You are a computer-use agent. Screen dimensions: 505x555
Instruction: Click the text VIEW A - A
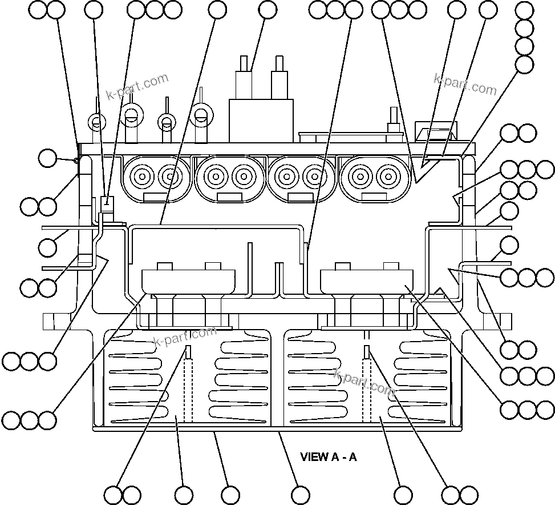(x=329, y=457)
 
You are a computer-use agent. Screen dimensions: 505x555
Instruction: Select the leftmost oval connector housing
(x=155, y=178)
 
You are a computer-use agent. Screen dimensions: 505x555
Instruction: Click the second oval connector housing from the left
(x=229, y=178)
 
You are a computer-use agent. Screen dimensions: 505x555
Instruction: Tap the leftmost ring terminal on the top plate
(x=96, y=122)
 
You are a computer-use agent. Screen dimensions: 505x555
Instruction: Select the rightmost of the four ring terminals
(x=200, y=116)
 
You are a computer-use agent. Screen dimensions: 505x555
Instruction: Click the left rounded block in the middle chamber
(x=188, y=281)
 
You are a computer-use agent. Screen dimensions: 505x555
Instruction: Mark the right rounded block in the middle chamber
(x=368, y=281)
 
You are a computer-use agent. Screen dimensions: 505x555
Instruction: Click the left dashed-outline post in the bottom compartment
(x=189, y=388)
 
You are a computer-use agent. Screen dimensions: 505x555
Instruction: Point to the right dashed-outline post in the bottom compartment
(x=368, y=388)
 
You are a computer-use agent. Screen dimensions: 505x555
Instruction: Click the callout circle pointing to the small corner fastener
(x=48, y=158)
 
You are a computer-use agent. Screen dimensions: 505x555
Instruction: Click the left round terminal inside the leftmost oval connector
(x=140, y=176)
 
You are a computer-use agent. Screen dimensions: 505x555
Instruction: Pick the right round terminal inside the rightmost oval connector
(x=390, y=176)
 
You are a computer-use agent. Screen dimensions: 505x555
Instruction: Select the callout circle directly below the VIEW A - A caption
(x=301, y=495)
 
